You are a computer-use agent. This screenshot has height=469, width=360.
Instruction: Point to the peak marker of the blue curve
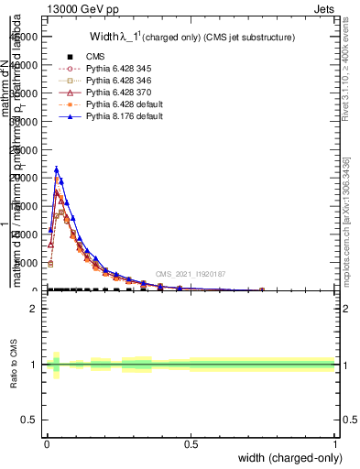(57, 169)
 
